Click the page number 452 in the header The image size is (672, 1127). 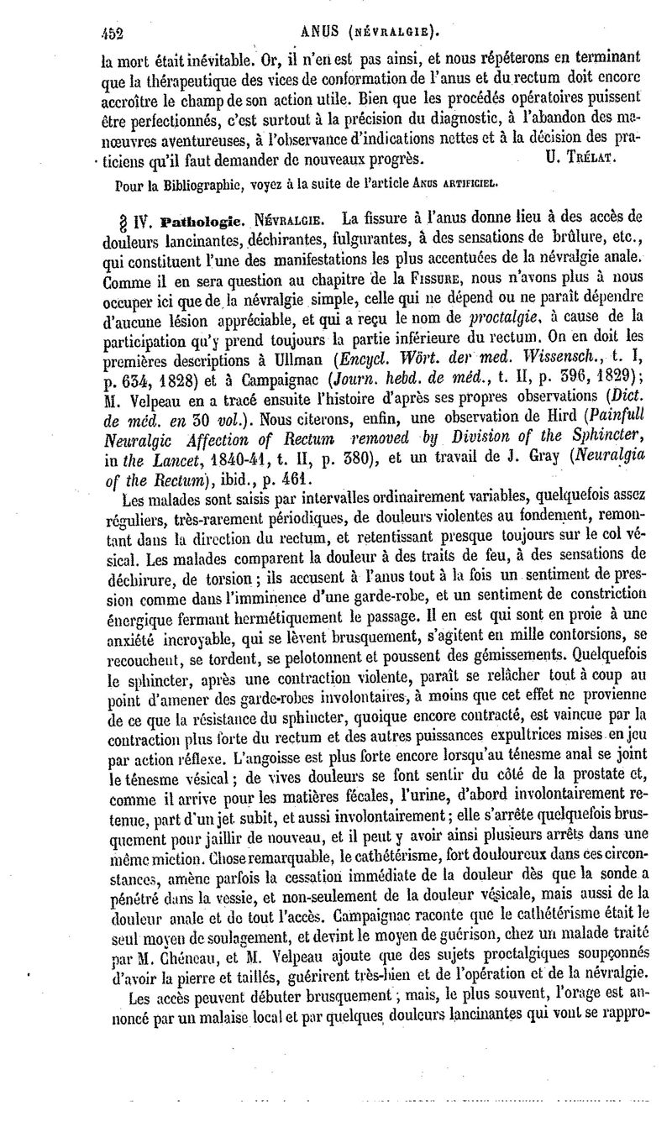tap(111, 34)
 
